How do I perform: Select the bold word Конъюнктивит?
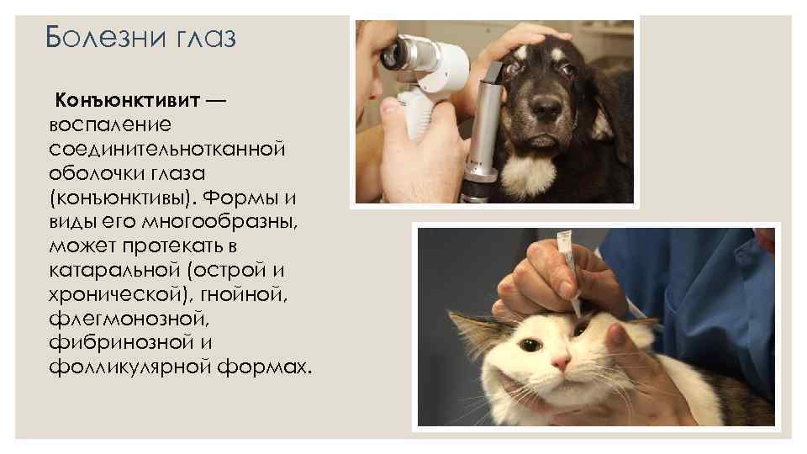pyautogui.click(x=127, y=100)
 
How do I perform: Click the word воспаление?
pyautogui.click(x=110, y=124)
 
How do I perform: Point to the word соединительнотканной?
pyautogui.click(x=166, y=149)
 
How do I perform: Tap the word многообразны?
pyautogui.click(x=219, y=222)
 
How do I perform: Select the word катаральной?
pyautogui.click(x=114, y=270)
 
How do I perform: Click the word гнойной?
pyautogui.click(x=244, y=294)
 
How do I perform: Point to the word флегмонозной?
pyautogui.click(x=129, y=319)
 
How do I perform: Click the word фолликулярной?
pyautogui.click(x=129, y=367)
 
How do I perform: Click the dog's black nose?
pyautogui.click(x=547, y=107)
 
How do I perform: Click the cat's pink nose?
pyautogui.click(x=561, y=362)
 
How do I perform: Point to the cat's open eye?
pyautogui.click(x=530, y=345)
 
